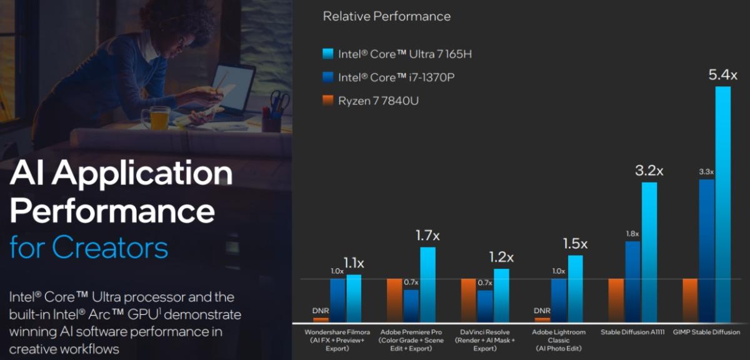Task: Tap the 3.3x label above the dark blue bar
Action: point(706,171)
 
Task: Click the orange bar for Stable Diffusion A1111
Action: point(616,300)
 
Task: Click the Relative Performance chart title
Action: point(386,16)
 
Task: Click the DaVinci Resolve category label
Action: point(485,336)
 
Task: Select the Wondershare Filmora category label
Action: point(338,336)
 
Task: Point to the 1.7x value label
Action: point(428,236)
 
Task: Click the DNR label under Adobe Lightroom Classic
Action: point(542,311)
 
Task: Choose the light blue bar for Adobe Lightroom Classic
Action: point(575,288)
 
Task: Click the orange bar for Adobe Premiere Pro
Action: point(395,300)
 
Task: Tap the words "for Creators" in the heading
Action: point(89,247)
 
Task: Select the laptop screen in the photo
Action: point(234,87)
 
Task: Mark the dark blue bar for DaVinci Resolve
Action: point(485,306)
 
